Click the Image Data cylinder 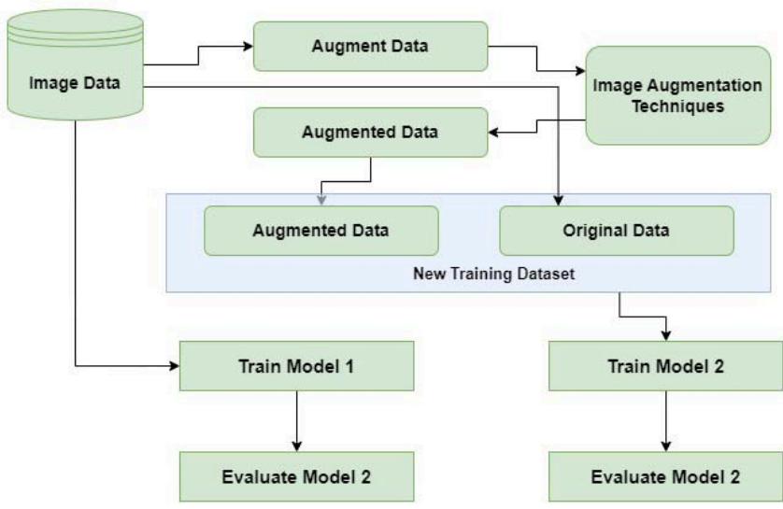(x=74, y=82)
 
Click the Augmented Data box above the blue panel (x=371, y=132)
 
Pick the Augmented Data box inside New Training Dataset (x=320, y=231)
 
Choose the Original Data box (x=616, y=231)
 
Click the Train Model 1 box (x=296, y=364)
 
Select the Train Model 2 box (x=665, y=364)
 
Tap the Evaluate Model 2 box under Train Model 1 (x=296, y=476)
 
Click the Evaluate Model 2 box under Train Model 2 (x=665, y=476)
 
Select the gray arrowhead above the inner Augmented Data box (x=321, y=199)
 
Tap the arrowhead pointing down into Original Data (x=558, y=199)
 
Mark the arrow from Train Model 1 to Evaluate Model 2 (x=296, y=420)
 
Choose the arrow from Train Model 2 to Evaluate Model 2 (x=665, y=420)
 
